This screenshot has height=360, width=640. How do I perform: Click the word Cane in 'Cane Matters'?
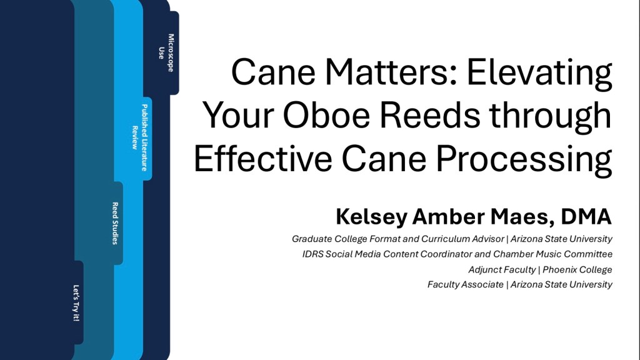click(x=273, y=72)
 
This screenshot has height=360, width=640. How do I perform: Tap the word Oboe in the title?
click(x=326, y=116)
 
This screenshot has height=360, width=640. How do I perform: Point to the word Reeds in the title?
click(x=430, y=115)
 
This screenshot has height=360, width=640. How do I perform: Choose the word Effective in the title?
click(x=263, y=158)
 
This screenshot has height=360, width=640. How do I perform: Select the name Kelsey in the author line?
click(x=371, y=217)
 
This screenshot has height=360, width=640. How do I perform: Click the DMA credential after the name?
click(x=586, y=217)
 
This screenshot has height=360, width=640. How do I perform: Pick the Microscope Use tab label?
click(x=166, y=52)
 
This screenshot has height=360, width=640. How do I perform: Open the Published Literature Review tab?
click(x=139, y=137)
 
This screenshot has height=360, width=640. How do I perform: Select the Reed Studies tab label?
click(x=115, y=223)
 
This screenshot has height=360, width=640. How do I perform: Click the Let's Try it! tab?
click(x=76, y=303)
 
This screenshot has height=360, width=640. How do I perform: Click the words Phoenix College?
click(x=577, y=270)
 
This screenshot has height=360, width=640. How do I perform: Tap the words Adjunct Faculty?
click(x=502, y=270)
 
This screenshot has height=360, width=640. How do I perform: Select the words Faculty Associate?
click(x=465, y=284)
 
